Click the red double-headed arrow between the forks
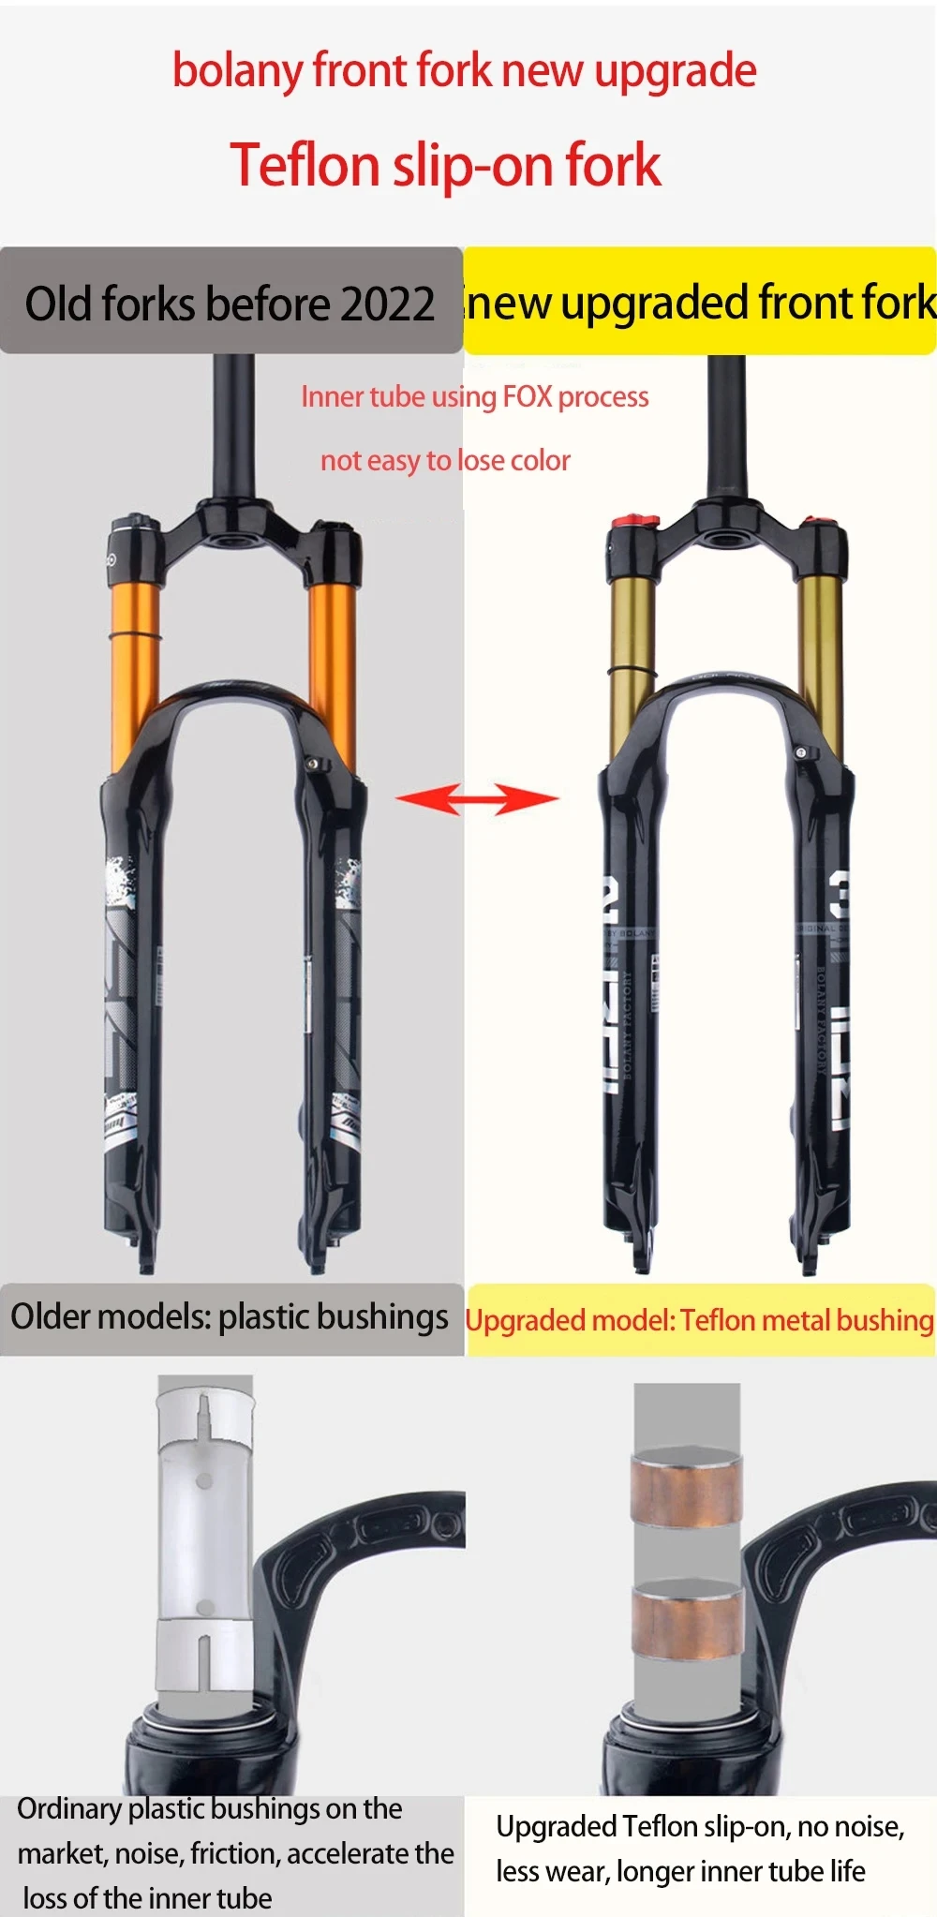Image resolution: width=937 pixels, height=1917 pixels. pyautogui.click(x=477, y=799)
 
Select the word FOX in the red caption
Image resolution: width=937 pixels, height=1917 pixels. pyautogui.click(x=528, y=396)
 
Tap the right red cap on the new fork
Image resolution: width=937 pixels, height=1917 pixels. pyautogui.click(x=822, y=521)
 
